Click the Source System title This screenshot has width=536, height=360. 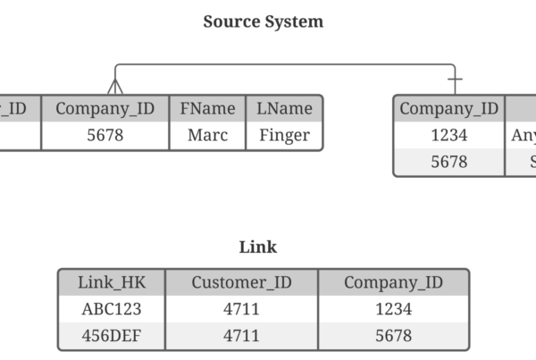coord(264,21)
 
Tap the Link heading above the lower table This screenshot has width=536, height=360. coord(258,247)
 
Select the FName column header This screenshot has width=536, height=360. coord(207,109)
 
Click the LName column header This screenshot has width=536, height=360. coord(284,109)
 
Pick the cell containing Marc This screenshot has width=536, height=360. coord(207,136)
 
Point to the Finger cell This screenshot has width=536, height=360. coord(284,136)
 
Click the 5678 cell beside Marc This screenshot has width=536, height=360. coord(105,136)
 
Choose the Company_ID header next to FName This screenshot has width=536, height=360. coord(105,109)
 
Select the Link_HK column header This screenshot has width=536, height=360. coord(112,282)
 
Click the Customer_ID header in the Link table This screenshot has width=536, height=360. coord(241,282)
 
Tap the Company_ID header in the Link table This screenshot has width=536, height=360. coord(393,282)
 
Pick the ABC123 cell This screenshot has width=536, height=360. coord(112,309)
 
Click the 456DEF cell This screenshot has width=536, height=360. coord(112,336)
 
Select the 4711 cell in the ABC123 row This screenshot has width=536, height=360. coord(241,309)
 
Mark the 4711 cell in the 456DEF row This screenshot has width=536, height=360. coord(241,336)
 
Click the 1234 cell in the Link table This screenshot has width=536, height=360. coord(393,309)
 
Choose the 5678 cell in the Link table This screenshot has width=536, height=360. coord(393,336)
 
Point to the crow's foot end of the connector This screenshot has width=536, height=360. coord(114,87)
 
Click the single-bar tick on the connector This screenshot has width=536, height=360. coord(455,80)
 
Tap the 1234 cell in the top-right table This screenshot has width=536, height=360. coord(448,136)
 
